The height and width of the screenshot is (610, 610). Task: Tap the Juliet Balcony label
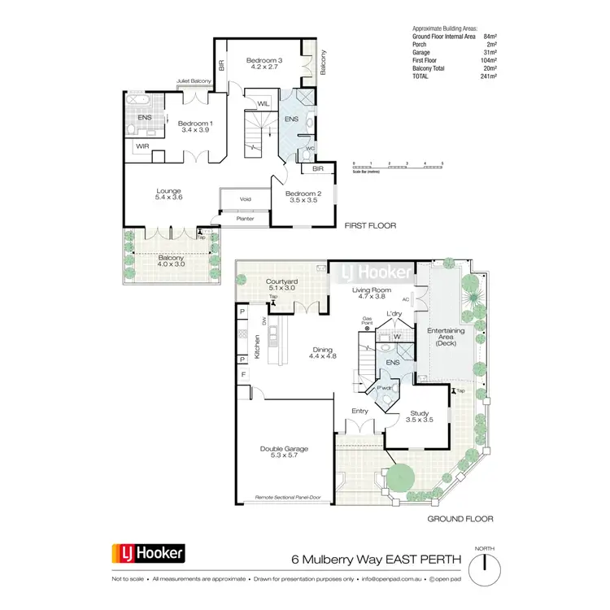coord(194,82)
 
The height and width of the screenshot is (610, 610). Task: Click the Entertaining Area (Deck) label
coord(446,336)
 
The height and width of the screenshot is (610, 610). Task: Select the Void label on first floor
coord(245,199)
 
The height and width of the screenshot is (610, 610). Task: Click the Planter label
coord(245,218)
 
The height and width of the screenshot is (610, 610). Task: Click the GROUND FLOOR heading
coord(461,518)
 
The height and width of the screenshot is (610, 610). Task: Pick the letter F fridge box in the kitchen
coord(242,374)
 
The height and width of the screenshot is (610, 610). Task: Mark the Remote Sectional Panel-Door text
coord(294,496)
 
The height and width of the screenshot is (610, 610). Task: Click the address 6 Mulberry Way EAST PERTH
coord(377,560)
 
